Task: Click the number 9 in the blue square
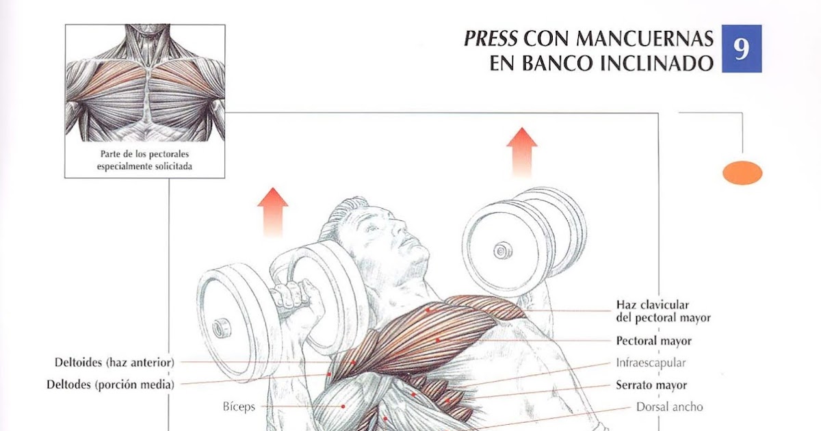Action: coord(741,49)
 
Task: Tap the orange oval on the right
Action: coord(742,172)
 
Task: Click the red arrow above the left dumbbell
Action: coord(272,210)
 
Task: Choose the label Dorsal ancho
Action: coord(669,407)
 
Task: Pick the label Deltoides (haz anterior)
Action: coord(115,361)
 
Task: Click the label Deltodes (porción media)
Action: coord(110,384)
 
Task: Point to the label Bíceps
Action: coord(239,406)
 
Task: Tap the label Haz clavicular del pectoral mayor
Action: coord(663,311)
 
